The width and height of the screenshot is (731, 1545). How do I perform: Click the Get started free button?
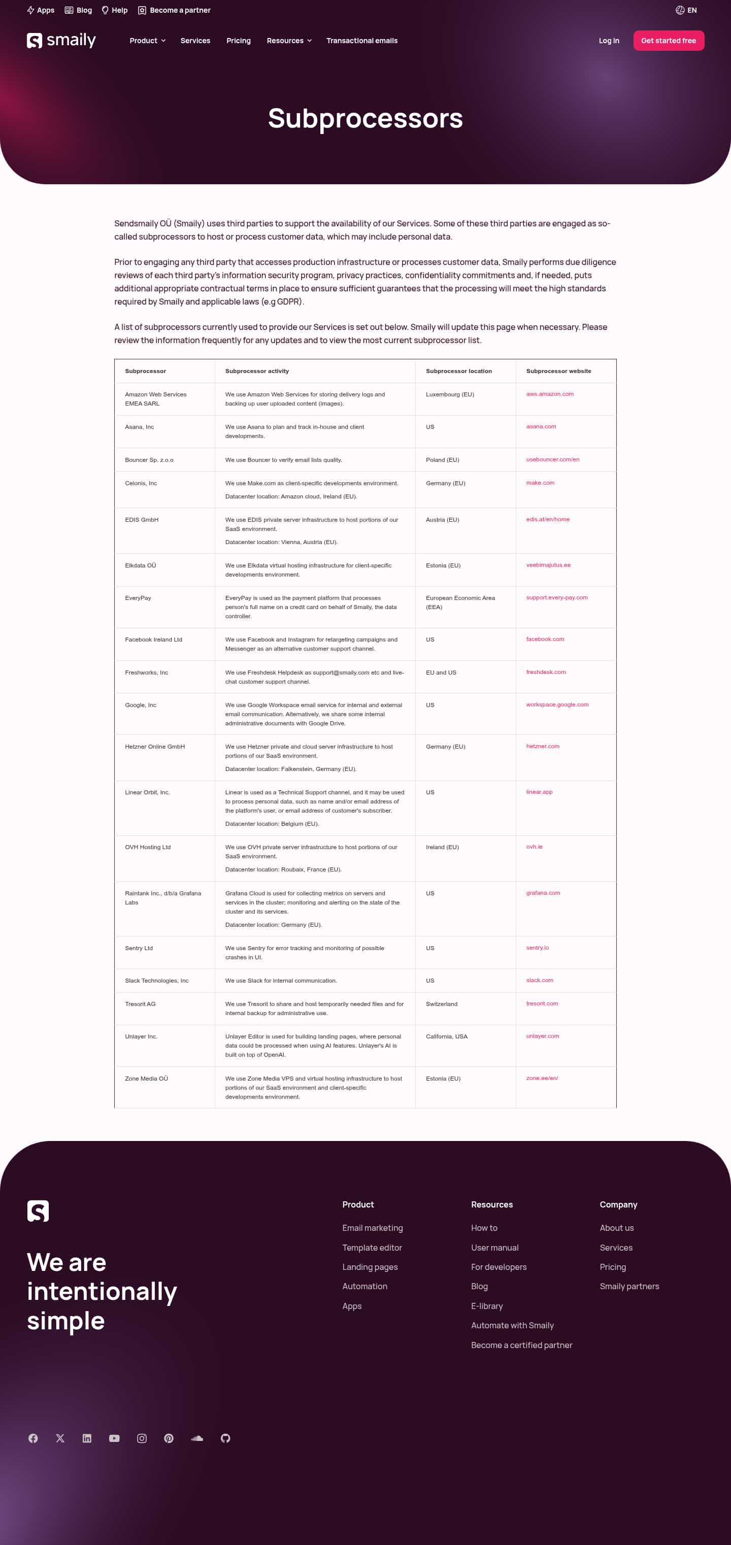point(668,41)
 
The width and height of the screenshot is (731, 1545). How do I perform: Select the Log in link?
point(609,41)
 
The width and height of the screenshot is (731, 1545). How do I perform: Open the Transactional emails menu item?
point(361,41)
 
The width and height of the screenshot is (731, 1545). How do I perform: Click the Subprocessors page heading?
point(365,118)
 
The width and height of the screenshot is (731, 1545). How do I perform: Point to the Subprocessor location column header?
point(459,371)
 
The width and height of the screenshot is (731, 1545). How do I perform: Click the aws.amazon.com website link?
point(549,394)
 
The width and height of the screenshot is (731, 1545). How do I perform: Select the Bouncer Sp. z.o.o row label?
point(149,460)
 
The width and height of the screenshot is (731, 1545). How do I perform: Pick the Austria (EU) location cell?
point(442,520)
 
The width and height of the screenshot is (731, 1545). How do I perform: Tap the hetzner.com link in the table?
point(542,746)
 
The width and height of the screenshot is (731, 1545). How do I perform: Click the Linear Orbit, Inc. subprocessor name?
point(147,792)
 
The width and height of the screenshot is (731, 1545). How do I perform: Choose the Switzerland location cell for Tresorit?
point(441,1004)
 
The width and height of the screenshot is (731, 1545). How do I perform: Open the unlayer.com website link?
point(542,1036)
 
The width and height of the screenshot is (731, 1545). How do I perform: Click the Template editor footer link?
point(372,1248)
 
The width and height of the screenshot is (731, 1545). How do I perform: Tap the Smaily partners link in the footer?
point(629,1286)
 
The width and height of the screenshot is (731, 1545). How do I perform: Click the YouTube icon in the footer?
point(114,1438)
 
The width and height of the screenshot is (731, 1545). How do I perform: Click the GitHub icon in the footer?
point(225,1438)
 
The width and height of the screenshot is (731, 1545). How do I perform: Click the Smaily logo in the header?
point(61,40)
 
